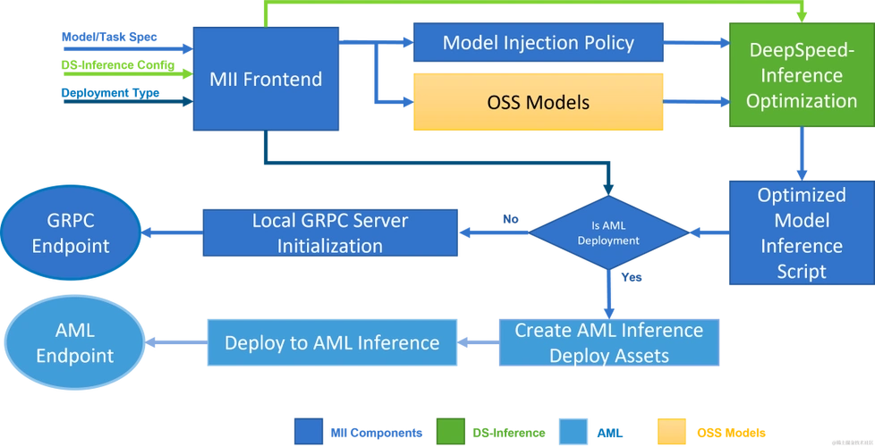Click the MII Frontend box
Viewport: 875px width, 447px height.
(x=265, y=79)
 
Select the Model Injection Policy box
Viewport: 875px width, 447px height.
(x=538, y=42)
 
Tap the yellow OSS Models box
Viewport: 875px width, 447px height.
(x=538, y=102)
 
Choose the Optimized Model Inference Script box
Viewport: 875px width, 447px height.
(x=800, y=232)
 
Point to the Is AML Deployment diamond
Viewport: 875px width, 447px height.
(x=608, y=233)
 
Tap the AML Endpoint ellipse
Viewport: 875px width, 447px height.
(x=71, y=342)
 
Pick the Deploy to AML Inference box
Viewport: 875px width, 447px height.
(x=331, y=342)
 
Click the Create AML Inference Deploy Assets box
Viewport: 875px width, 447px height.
(x=608, y=342)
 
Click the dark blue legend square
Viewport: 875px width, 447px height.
(x=310, y=431)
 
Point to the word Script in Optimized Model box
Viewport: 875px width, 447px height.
(x=801, y=271)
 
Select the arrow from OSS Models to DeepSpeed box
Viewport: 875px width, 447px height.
(x=696, y=102)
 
